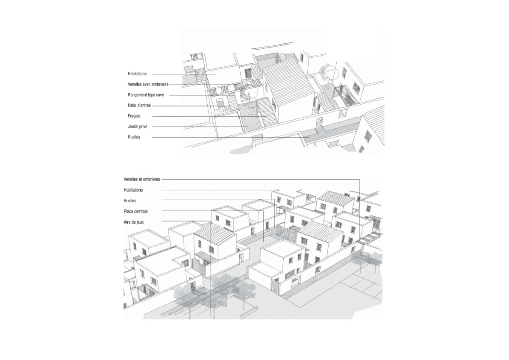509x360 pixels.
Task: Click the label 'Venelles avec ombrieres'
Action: tap(148, 84)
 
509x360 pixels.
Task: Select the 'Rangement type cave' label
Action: tap(146, 95)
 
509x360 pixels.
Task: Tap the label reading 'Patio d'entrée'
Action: tap(139, 106)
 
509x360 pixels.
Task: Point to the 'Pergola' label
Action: tap(134, 116)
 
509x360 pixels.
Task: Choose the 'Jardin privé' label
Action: tap(137, 127)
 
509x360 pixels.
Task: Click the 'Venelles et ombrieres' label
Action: tap(142, 179)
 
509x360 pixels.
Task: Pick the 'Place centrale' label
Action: tap(135, 211)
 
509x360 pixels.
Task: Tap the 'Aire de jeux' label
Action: tap(133, 222)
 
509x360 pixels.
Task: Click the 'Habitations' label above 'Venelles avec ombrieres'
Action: tap(137, 74)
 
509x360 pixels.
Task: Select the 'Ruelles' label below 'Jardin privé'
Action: tap(134, 137)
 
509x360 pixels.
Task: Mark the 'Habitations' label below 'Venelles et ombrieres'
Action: tap(133, 190)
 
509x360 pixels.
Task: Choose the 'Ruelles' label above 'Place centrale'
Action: tap(130, 201)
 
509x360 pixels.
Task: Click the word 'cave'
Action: tap(160, 95)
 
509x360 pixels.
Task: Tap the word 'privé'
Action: tap(143, 127)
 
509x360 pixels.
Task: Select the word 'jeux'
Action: tap(140, 222)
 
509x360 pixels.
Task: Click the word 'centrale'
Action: tap(141, 211)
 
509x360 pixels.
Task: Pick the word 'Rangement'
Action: tap(137, 95)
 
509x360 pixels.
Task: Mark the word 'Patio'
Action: tap(132, 106)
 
